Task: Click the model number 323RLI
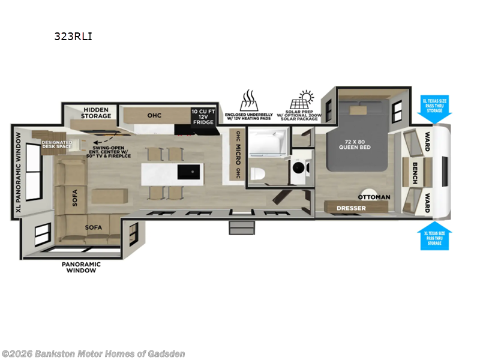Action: [74, 36]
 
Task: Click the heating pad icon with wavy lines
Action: [249, 98]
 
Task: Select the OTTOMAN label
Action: [374, 197]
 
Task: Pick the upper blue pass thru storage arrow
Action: [436, 106]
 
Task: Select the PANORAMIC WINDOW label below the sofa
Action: [81, 267]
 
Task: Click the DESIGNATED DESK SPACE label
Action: [57, 145]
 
